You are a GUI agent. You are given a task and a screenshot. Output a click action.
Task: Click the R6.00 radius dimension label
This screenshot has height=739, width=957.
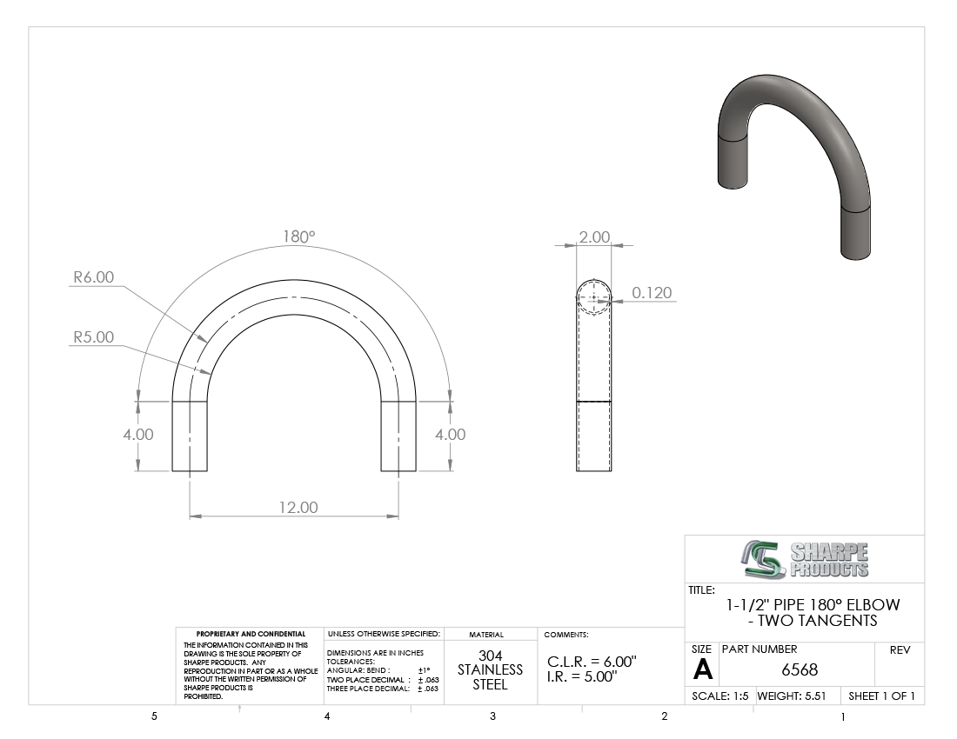pyautogui.click(x=93, y=276)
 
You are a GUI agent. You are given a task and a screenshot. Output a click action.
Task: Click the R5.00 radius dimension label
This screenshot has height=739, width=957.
pyautogui.click(x=93, y=337)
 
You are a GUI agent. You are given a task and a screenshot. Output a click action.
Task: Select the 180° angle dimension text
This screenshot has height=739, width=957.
pyautogui.click(x=299, y=236)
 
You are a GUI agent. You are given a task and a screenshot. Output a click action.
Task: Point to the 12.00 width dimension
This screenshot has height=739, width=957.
pyautogui.click(x=298, y=507)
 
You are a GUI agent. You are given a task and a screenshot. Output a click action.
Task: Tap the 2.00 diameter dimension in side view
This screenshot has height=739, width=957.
pyautogui.click(x=594, y=236)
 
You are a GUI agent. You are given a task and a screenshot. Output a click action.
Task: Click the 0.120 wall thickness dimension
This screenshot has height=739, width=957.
pyautogui.click(x=652, y=293)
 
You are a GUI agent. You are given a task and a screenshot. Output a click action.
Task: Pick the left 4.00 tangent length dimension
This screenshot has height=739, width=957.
pyautogui.click(x=138, y=435)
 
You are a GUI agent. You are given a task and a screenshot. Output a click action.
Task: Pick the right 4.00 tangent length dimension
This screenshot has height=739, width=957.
pyautogui.click(x=451, y=435)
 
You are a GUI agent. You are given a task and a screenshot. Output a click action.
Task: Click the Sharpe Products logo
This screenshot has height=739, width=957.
pyautogui.click(x=805, y=559)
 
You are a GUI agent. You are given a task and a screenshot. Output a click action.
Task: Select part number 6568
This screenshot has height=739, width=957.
pyautogui.click(x=800, y=670)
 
